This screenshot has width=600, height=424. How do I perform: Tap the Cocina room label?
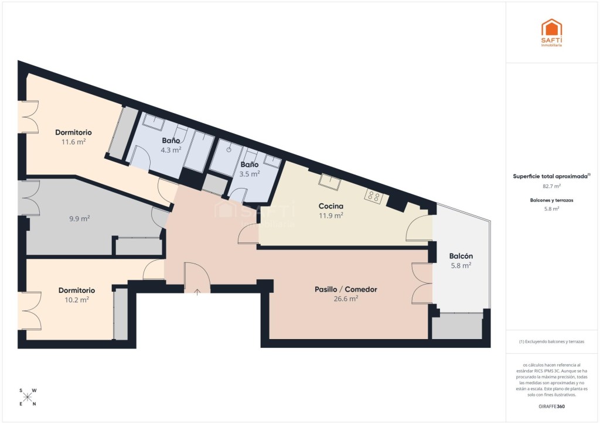point(331,206)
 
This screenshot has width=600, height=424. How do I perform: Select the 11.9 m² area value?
point(331,216)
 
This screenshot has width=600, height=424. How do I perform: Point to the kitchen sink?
point(329,182)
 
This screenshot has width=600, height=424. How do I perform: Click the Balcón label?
point(461,256)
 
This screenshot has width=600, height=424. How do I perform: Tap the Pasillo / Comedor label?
point(346,289)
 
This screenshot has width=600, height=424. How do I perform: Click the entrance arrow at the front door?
point(197,293)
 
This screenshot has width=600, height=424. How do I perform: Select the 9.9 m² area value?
point(80,218)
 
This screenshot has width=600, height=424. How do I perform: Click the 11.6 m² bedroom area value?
point(73,142)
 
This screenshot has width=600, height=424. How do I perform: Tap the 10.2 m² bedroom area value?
point(77,300)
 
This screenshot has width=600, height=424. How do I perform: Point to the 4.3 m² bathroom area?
point(171,150)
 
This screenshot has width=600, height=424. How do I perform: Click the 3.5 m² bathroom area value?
point(250,174)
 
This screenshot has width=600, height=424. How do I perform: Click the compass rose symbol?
point(28,397)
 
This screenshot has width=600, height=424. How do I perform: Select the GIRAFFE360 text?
point(551,406)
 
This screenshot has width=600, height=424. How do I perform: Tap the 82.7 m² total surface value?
point(551,186)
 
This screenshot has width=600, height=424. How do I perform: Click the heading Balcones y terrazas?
point(551,200)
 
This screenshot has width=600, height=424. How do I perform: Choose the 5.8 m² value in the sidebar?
point(551,208)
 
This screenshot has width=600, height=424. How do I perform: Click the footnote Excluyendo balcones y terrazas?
point(551,341)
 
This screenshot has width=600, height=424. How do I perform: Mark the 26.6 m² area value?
point(346,299)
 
